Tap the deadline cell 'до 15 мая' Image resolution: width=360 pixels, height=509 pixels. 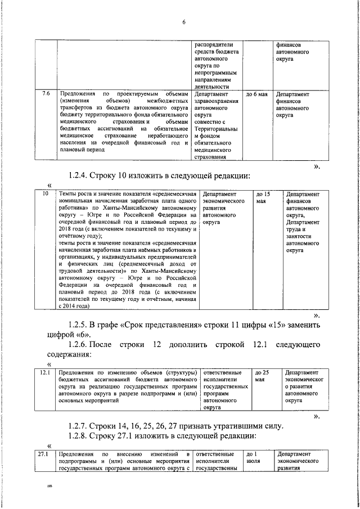(x=263, y=197)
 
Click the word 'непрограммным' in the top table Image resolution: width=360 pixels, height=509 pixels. (x=218, y=73)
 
